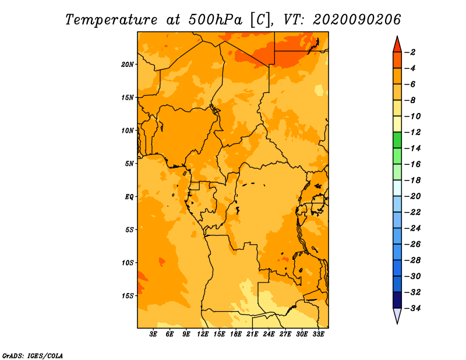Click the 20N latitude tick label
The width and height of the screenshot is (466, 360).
click(x=127, y=64)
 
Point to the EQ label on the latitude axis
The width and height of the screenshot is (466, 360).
click(x=129, y=196)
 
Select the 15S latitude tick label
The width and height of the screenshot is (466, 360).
click(x=128, y=296)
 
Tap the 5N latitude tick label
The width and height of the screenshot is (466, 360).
click(x=129, y=164)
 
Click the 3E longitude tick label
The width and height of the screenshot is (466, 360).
click(x=153, y=334)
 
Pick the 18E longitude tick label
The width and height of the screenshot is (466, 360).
click(x=236, y=334)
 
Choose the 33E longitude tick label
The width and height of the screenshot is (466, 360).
click(x=318, y=334)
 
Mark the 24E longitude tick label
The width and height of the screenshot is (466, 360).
click(x=269, y=334)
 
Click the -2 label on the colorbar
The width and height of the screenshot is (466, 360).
click(x=411, y=52)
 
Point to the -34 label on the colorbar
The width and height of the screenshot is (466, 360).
click(x=413, y=308)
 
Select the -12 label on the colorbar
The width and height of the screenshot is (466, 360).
click(x=413, y=132)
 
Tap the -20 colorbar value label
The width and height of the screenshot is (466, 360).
click(x=413, y=196)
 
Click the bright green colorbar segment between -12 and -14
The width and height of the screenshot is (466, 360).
click(x=397, y=140)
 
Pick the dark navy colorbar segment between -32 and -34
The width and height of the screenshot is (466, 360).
click(x=397, y=300)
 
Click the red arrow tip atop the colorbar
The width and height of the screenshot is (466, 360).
click(x=397, y=36)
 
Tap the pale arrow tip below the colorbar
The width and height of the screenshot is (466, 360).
click(x=397, y=323)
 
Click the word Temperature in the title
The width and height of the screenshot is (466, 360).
click(x=111, y=20)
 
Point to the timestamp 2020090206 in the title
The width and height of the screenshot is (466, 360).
click(x=357, y=20)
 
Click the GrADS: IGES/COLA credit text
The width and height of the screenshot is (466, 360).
click(x=33, y=355)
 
